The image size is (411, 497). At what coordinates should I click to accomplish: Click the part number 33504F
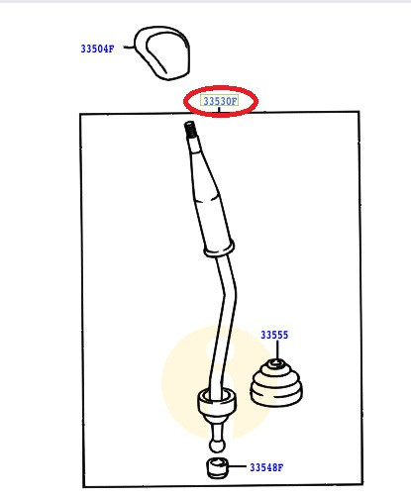point(97,49)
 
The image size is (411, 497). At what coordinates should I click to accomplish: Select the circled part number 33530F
point(220,101)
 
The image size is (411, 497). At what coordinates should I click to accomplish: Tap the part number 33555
point(274,335)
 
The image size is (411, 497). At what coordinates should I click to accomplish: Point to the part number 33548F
point(266,467)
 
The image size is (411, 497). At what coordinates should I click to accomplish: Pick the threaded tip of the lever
point(190,130)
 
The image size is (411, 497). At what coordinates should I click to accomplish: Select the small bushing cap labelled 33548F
point(218,468)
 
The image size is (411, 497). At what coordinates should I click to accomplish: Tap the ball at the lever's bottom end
point(217,446)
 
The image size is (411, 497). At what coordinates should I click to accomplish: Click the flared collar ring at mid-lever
point(219,249)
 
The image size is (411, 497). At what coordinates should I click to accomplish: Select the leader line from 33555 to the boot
point(277,349)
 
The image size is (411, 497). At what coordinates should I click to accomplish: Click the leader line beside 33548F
point(237,466)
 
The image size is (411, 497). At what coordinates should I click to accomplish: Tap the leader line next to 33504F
point(129,48)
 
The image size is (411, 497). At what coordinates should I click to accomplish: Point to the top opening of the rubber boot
point(276,363)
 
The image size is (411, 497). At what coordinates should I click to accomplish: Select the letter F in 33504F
point(111,49)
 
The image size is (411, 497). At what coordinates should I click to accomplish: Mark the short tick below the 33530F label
point(219,110)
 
